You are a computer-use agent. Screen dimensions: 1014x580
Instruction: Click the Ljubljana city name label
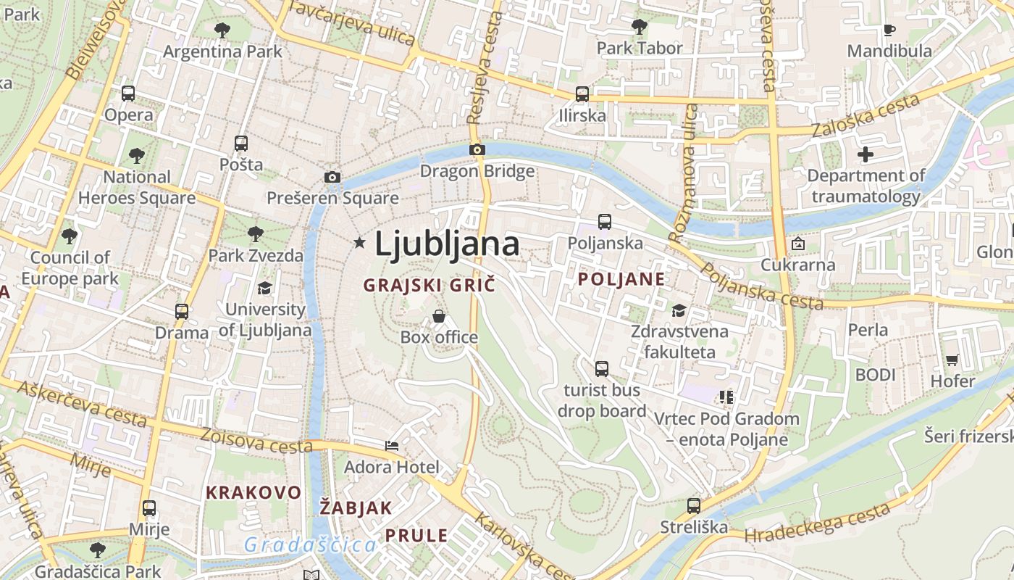point(447,244)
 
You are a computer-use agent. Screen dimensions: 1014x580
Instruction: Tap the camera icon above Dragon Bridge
point(477,150)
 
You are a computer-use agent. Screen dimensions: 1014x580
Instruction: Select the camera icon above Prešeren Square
point(332,177)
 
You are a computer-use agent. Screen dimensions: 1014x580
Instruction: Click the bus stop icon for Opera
point(128,94)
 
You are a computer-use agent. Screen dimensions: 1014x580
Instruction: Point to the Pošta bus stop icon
point(241,144)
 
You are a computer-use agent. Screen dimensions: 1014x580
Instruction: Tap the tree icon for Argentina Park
point(222,30)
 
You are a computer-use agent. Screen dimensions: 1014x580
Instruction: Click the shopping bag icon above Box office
point(439,316)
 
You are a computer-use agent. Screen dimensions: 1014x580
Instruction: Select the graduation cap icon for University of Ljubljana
point(264,289)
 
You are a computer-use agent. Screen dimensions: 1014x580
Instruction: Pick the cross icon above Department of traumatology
point(866,154)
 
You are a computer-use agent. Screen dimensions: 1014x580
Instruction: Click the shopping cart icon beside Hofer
point(952,360)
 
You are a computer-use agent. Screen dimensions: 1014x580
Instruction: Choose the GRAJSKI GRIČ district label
point(429,285)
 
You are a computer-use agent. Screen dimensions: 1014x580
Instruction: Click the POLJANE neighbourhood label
point(621,279)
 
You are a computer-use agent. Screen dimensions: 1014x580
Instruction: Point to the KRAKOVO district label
point(253,493)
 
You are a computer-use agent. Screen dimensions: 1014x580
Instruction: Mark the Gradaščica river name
point(310,544)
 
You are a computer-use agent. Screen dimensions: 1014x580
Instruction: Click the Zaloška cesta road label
point(865,116)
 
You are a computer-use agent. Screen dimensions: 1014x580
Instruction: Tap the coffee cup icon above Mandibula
point(889,30)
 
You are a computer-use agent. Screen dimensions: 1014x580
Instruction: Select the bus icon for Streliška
point(694,506)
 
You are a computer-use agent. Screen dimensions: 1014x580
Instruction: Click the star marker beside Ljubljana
point(359,243)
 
